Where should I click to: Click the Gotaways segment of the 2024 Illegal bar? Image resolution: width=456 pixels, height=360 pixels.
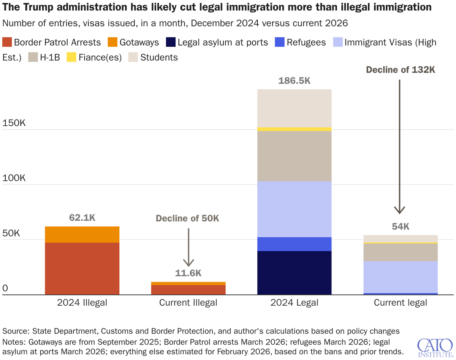(x=82, y=235)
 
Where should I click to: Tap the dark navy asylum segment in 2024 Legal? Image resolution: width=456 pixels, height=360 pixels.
(x=294, y=273)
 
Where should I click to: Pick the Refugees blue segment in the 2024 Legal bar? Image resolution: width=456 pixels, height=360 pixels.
(x=294, y=244)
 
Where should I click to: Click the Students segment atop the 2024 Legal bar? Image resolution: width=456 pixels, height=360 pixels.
(x=294, y=108)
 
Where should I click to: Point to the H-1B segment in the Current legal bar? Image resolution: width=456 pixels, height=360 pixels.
(x=401, y=252)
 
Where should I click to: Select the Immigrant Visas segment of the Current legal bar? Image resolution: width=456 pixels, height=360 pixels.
(x=401, y=277)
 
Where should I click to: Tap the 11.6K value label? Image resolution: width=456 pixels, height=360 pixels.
(x=188, y=273)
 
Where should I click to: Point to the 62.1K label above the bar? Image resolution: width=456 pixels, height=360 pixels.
(x=82, y=218)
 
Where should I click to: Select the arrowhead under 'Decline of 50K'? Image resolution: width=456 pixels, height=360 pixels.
(x=188, y=262)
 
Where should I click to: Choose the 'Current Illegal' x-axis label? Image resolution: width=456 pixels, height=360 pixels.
(x=188, y=303)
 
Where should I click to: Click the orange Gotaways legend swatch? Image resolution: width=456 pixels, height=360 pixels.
(x=113, y=42)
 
